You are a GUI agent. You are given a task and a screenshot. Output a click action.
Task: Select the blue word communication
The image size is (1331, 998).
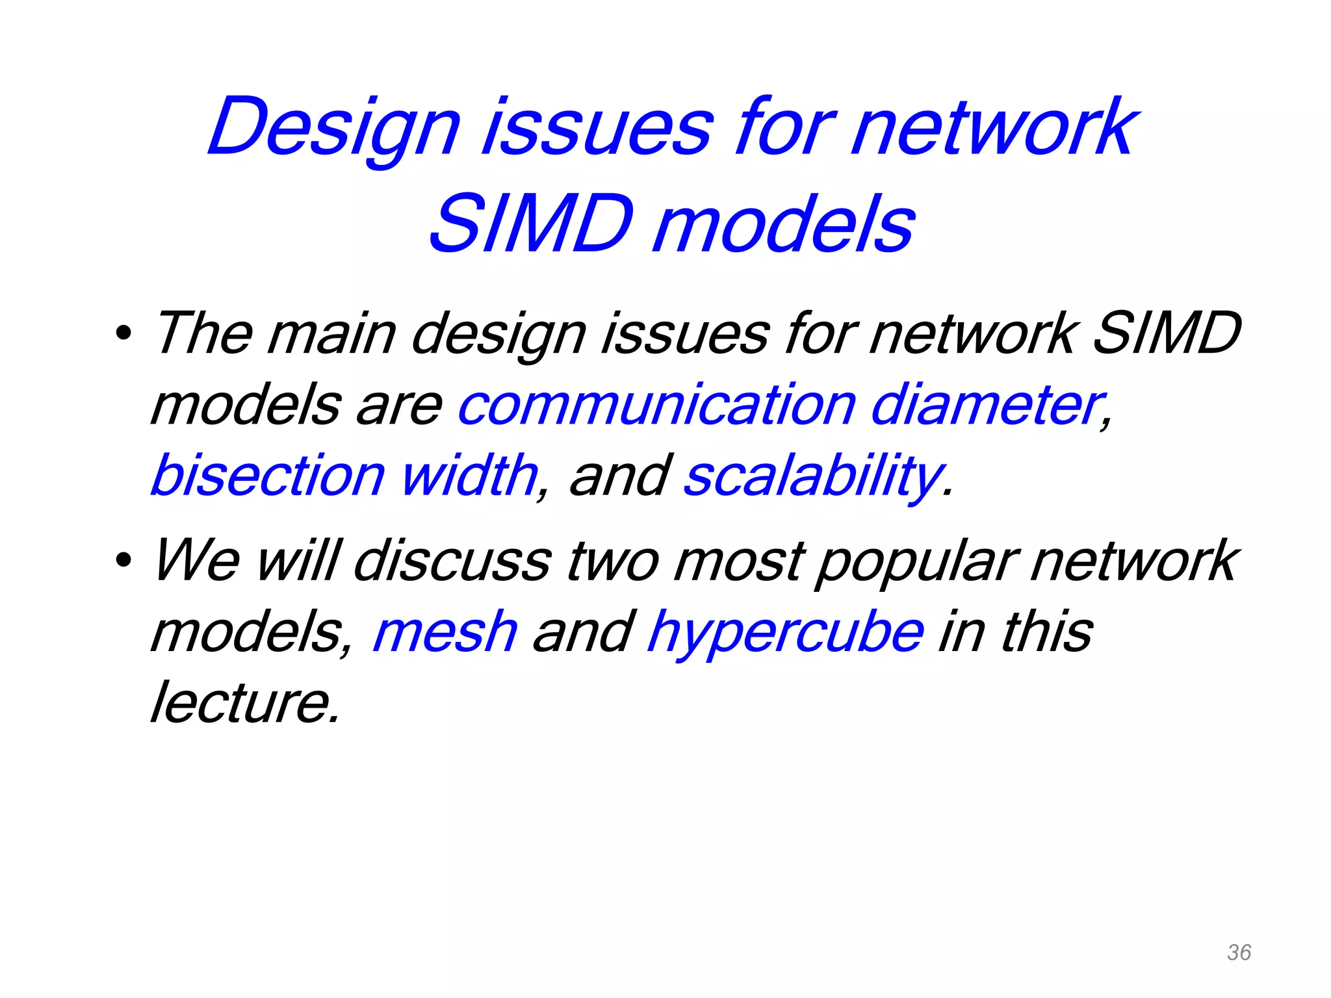656,405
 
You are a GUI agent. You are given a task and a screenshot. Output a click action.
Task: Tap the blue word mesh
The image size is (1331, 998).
445,632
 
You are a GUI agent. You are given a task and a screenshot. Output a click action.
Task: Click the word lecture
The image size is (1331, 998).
244,703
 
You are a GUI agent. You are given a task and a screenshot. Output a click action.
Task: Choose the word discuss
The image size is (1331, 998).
452,560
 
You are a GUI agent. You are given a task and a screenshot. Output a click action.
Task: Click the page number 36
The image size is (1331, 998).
1239,953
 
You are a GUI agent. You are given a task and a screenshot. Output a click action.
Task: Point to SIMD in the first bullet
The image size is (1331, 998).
1167,334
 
